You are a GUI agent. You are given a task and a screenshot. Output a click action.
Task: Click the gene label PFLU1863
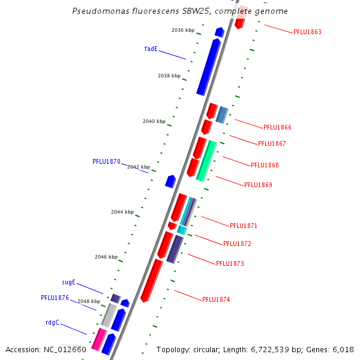pos(307,32)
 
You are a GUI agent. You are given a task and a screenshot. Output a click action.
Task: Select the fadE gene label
pos(151,49)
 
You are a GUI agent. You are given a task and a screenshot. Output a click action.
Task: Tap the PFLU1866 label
pos(277,127)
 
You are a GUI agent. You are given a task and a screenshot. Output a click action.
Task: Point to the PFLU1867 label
pos(272,143)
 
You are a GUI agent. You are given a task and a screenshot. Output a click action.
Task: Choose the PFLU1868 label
pos(265,165)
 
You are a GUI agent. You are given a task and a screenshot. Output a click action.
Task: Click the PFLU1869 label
pos(258,185)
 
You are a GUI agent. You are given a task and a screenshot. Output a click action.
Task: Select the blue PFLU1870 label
pos(106,161)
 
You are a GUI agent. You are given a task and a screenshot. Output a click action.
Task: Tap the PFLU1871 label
pos(244,226)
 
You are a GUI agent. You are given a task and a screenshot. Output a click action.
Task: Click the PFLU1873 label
pos(230,263)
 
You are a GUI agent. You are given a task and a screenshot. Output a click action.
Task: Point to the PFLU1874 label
pos(216,299)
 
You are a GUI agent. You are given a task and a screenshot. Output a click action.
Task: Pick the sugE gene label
pos(69,282)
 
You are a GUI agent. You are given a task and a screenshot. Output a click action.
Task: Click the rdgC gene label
pos(52,322)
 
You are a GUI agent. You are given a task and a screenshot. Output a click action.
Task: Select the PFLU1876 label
pos(55,298)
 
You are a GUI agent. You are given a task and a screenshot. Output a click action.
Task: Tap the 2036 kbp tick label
pos(183,30)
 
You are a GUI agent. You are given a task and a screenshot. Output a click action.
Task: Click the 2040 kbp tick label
pos(154,121)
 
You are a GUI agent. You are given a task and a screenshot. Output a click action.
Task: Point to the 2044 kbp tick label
pos(122,212)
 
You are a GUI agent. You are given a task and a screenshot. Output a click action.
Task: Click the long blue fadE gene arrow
pos(209,66)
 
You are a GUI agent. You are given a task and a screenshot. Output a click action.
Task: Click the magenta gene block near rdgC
pos(95,340)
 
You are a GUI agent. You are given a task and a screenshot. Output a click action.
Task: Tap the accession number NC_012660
pos(46,349)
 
